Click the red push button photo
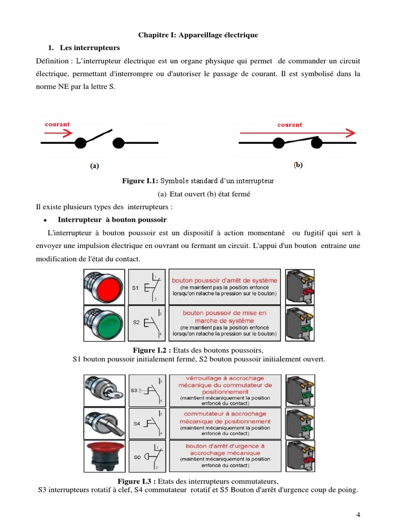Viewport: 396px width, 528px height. (104, 287)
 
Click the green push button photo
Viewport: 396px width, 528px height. (104, 322)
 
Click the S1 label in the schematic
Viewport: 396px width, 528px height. (135, 288)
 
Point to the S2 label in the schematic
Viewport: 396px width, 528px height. (136, 322)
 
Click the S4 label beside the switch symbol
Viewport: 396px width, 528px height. (137, 423)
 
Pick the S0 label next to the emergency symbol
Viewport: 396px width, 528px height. (137, 457)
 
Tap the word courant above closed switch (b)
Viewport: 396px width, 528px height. (290, 124)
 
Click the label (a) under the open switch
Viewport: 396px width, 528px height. (94, 166)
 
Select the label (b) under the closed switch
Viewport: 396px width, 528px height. (299, 166)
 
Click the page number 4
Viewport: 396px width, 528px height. (358, 515)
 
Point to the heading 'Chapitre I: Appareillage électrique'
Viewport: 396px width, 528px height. (198, 35)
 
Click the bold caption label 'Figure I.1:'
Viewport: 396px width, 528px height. (140, 181)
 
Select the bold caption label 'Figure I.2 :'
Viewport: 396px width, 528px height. (152, 350)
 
